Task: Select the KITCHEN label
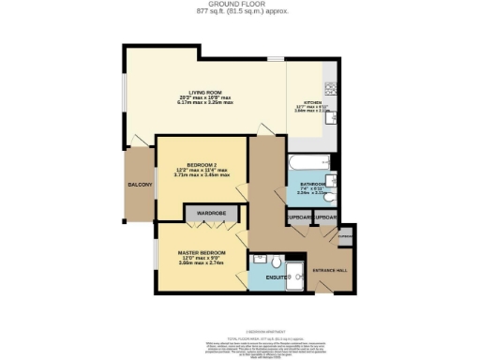311,104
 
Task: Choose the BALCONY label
139,185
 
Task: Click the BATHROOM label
312,184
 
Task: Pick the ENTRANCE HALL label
329,270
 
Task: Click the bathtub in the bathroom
307,159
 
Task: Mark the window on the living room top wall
274,58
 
